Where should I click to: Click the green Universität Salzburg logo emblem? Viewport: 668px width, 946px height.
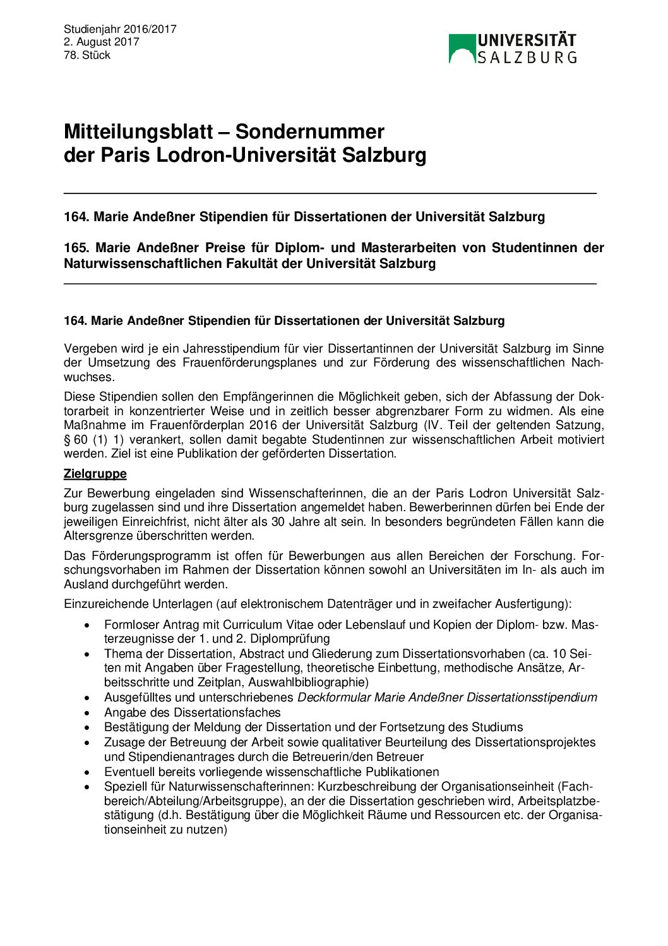(x=462, y=49)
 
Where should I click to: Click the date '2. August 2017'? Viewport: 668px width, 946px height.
(x=101, y=42)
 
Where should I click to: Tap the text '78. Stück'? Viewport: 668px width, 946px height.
(x=86, y=56)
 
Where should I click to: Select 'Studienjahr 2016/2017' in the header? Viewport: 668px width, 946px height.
(x=120, y=29)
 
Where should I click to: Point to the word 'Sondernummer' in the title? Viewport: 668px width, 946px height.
(x=309, y=132)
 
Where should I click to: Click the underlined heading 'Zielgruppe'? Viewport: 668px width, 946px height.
(x=95, y=474)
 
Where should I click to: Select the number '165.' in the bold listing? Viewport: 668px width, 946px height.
(x=76, y=248)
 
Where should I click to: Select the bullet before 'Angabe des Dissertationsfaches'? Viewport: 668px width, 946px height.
(x=88, y=713)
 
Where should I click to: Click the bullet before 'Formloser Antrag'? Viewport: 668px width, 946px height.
(x=88, y=626)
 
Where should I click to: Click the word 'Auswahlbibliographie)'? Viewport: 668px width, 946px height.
(x=308, y=682)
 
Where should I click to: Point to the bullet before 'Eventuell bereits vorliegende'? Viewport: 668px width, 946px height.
(x=88, y=773)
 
